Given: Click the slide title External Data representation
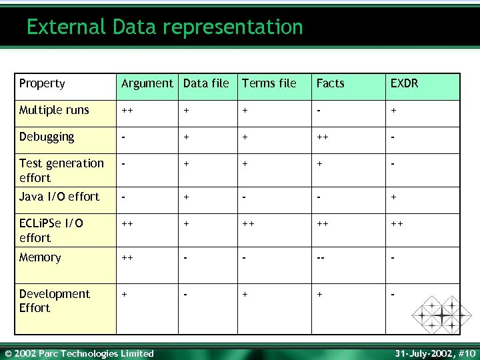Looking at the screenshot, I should tap(165, 27).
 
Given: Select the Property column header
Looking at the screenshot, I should tap(42, 83).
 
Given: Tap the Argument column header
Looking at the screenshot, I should tap(147, 83).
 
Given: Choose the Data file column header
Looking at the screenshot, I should tap(206, 83).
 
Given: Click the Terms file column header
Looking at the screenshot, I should tap(269, 83).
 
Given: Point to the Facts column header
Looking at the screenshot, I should tap(330, 83).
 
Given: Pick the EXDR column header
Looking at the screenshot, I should tap(405, 83).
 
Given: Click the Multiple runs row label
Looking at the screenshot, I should tap(54, 110).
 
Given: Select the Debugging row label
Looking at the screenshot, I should tap(47, 137).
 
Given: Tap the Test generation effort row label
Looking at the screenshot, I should tap(61, 170).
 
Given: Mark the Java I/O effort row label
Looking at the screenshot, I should tap(59, 197).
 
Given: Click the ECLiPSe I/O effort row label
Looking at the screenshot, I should tap(51, 230).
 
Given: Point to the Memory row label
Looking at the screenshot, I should tap(40, 257).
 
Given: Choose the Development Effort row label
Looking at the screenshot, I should tap(55, 301).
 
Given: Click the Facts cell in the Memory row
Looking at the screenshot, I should tap(321, 258).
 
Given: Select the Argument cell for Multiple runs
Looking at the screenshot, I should tap(125, 111).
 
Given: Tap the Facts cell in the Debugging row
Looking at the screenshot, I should tap(321, 137).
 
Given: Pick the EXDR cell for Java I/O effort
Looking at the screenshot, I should tap(393, 197).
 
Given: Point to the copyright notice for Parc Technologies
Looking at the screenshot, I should tap(79, 353).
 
